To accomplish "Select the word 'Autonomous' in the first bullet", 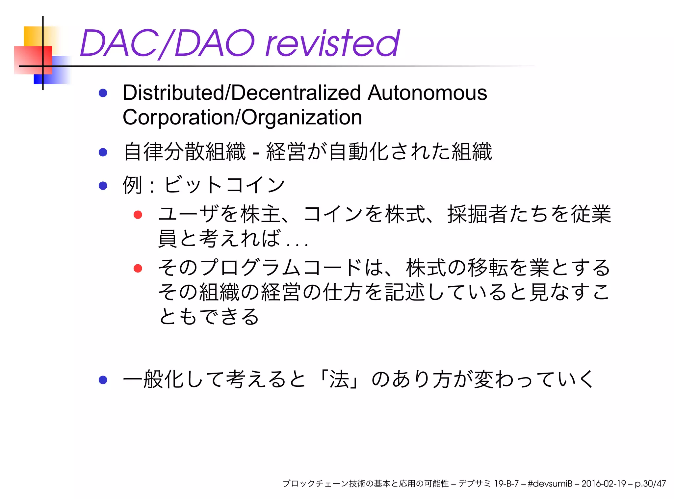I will pyautogui.click(x=427, y=93).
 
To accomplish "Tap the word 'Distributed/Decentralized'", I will pyautogui.click(x=242, y=93).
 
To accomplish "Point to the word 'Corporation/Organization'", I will pyautogui.click(x=242, y=118).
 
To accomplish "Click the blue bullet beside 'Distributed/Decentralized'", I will pyautogui.click(x=103, y=93).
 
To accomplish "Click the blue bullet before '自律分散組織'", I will pyautogui.click(x=103, y=152).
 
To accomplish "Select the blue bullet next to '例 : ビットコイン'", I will pyautogui.click(x=103, y=186).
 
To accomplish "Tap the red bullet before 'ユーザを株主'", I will pyautogui.click(x=138, y=215).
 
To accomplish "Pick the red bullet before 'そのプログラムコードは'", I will pyautogui.click(x=138, y=268).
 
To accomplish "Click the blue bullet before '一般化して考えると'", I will pyautogui.click(x=103, y=380).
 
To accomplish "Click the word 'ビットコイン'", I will pyautogui.click(x=224, y=185).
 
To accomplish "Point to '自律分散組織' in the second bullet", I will pyautogui.click(x=184, y=152).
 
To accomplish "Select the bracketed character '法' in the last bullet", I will pyautogui.click(x=339, y=379).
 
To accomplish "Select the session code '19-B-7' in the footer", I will pyautogui.click(x=506, y=484).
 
